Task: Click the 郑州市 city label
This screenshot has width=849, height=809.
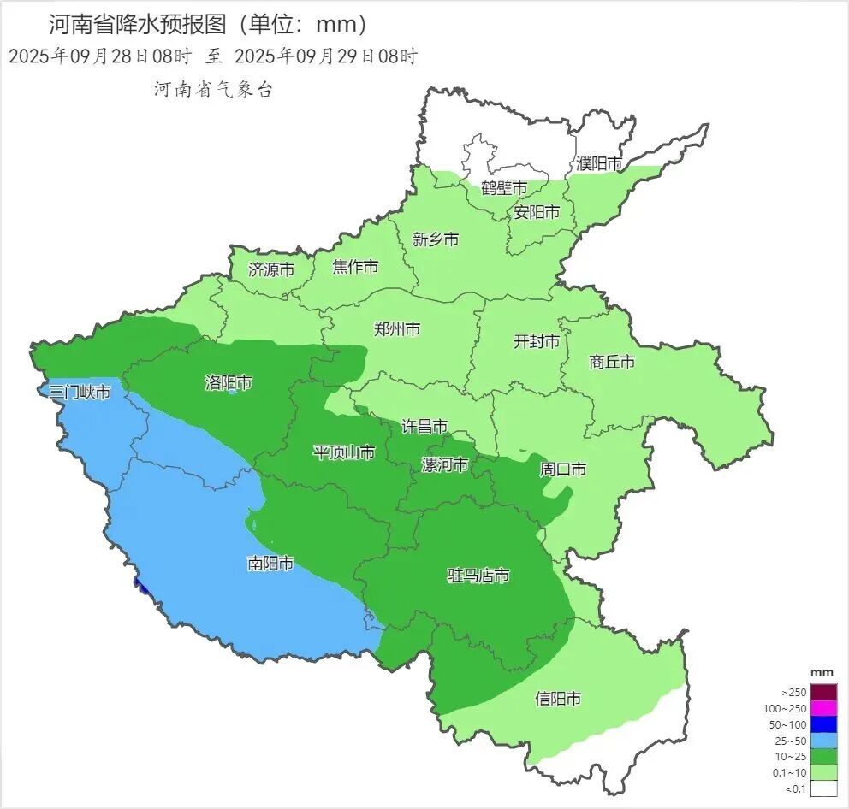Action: click(397, 328)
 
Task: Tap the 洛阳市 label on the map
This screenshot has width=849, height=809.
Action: click(229, 382)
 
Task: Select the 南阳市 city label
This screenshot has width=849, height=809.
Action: click(270, 564)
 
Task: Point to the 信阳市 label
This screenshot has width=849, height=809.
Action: click(558, 699)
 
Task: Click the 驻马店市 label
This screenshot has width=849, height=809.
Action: click(478, 576)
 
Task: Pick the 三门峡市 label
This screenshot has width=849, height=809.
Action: click(80, 393)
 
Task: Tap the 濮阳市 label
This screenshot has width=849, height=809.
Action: click(598, 162)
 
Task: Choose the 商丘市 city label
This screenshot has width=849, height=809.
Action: click(612, 362)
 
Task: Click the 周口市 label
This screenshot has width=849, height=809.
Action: click(563, 469)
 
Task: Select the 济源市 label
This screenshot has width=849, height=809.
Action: click(270, 269)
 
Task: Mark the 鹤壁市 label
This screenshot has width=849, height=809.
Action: click(504, 188)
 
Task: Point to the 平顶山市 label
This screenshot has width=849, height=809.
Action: click(343, 452)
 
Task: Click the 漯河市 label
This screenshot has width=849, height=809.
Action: click(445, 464)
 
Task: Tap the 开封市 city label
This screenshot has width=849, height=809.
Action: click(536, 342)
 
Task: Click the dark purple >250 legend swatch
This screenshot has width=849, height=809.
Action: click(823, 692)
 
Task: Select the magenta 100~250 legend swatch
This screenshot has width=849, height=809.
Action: click(823, 708)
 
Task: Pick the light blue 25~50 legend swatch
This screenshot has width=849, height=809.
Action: click(823, 741)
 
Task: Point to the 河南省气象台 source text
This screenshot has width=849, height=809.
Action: click(213, 90)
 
